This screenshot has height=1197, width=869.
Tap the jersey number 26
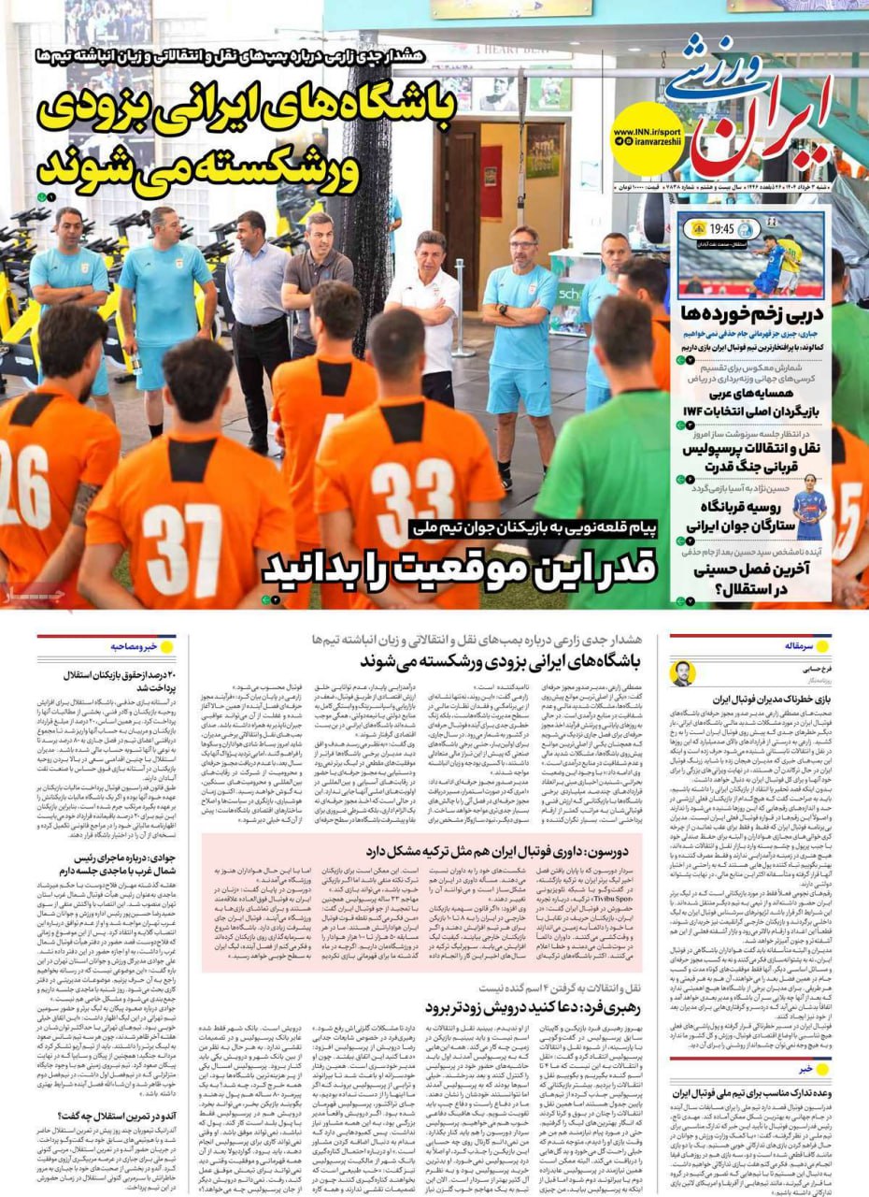[21, 467]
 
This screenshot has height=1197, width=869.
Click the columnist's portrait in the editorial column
[683, 672]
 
